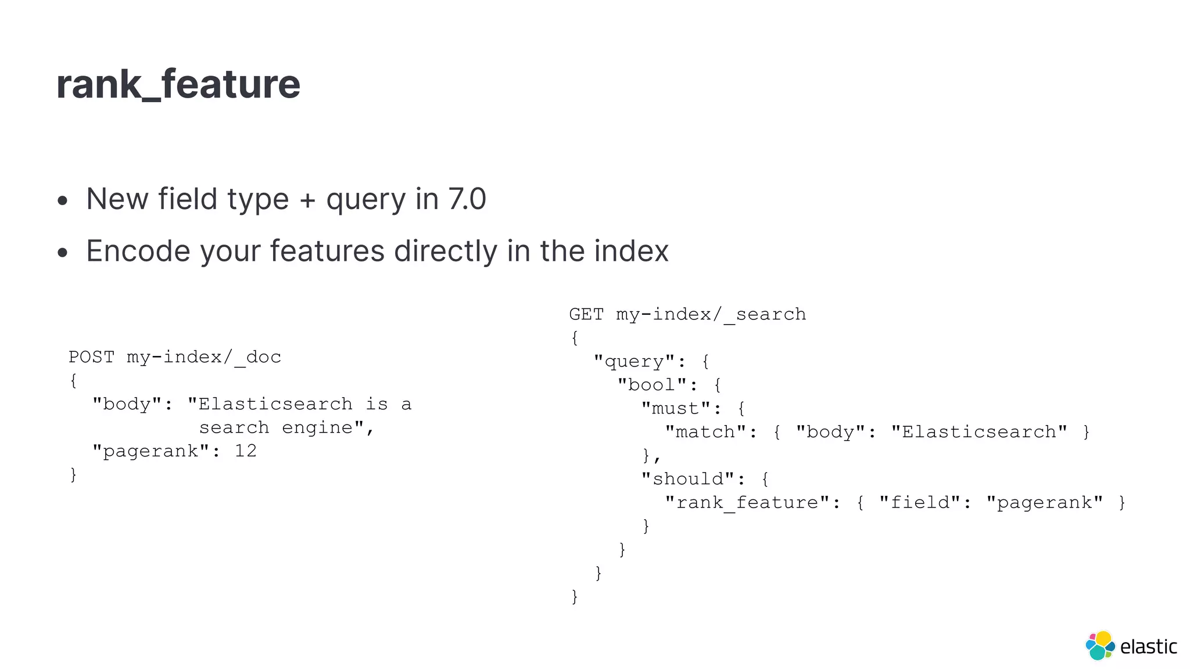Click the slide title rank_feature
[x=178, y=85]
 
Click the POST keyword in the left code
[x=91, y=357]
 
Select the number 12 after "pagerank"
[x=245, y=451]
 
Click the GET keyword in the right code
[x=586, y=314]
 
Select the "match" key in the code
[x=705, y=432]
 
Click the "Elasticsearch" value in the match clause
[x=979, y=432]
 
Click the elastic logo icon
[x=1100, y=645]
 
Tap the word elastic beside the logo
[x=1148, y=646]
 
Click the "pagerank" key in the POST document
[x=150, y=451]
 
